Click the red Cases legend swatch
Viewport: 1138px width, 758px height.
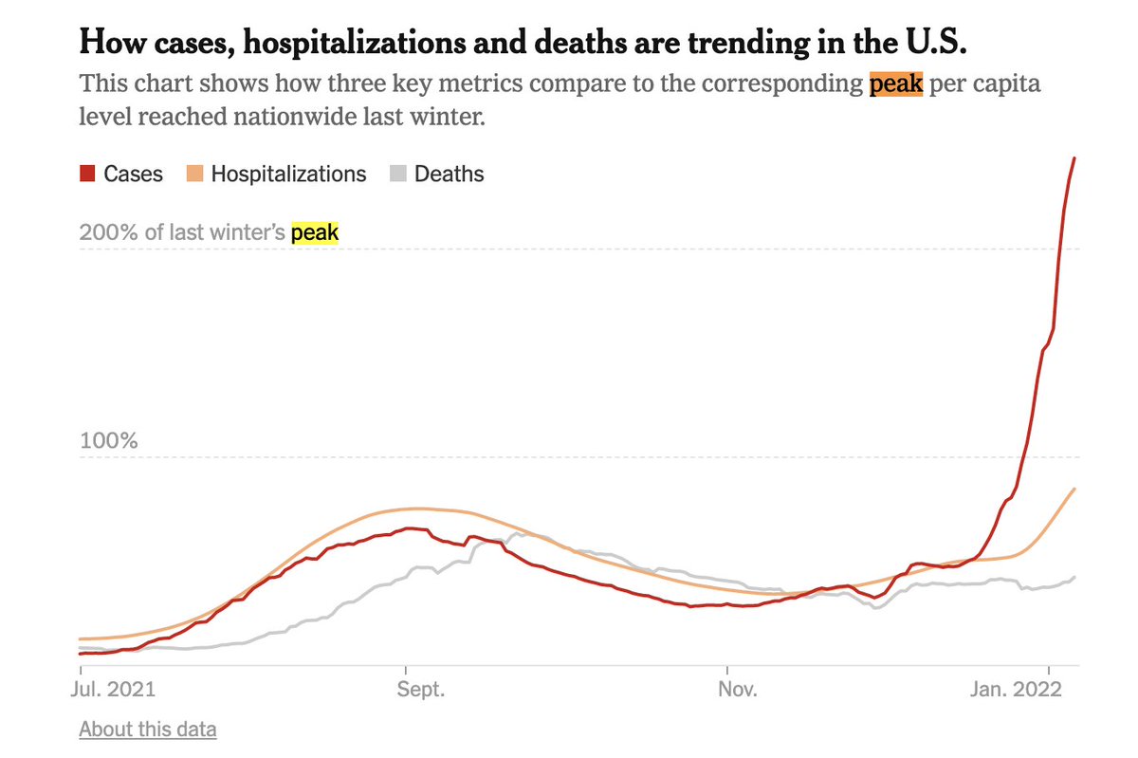[x=87, y=175]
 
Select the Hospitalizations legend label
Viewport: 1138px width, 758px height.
[x=288, y=175]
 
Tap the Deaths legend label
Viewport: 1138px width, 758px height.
[x=449, y=175]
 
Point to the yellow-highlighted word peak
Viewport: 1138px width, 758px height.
[x=314, y=232]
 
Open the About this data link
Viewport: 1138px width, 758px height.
[x=148, y=730]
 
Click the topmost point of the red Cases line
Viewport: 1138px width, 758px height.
[x=1074, y=157]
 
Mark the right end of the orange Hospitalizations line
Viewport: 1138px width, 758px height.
[x=1074, y=489]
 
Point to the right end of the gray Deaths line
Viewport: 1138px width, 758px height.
[x=1074, y=577]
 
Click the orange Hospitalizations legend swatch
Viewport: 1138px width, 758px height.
[x=195, y=175]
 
